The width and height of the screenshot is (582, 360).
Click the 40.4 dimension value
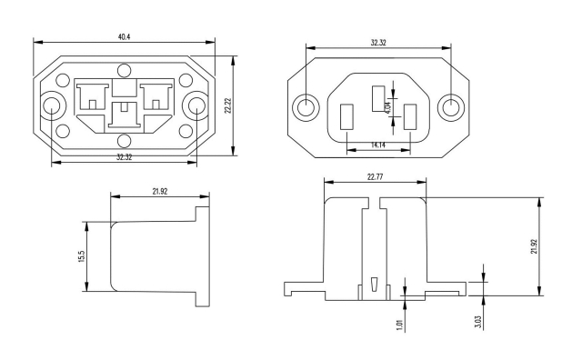point(124,36)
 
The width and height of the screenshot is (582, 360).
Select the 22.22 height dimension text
point(228,105)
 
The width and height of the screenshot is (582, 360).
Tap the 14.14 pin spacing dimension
point(378,145)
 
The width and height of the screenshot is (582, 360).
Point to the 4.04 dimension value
point(388,107)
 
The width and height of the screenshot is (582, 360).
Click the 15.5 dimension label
point(82,257)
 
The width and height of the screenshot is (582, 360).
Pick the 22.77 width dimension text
point(375,176)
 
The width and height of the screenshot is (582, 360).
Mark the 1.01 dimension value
point(400,325)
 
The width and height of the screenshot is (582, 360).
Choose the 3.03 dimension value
point(478,322)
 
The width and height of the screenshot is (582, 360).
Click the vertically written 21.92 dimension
point(534,246)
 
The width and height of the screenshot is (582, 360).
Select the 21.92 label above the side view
point(160,192)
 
